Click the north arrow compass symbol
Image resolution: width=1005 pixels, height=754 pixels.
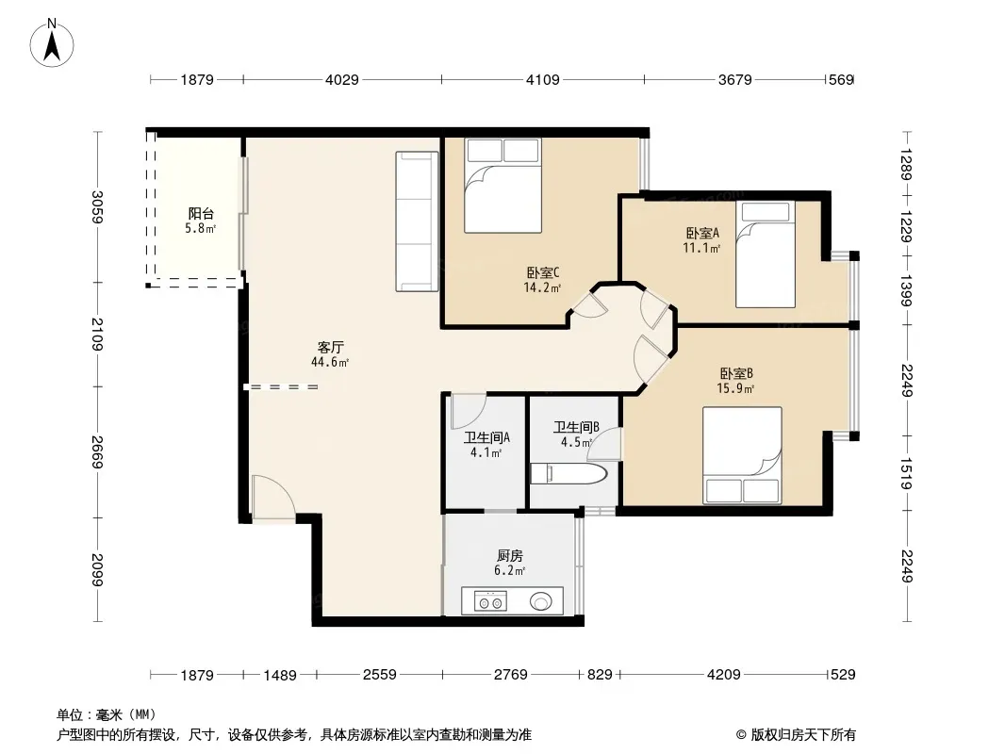tap(52, 42)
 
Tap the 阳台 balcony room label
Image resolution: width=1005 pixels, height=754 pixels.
tap(201, 214)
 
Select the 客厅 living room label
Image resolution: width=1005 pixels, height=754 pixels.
tap(331, 348)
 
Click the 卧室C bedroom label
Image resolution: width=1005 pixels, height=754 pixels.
tap(543, 273)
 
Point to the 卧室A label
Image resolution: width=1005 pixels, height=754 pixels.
tap(702, 233)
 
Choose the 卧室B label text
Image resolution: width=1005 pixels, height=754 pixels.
tap(735, 373)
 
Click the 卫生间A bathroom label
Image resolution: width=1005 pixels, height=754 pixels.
tap(487, 438)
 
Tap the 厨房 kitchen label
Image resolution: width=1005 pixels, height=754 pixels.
tap(509, 556)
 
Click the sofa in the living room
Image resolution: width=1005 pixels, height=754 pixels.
tap(418, 221)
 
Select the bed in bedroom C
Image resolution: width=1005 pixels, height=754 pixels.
tap(503, 186)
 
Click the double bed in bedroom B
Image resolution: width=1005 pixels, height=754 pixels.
tap(742, 455)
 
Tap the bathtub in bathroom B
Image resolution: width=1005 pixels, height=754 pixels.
tap(568, 474)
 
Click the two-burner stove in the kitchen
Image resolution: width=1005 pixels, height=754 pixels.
tap(490, 601)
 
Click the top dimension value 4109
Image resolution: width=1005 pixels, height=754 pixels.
tap(543, 80)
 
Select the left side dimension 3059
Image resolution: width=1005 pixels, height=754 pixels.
tap(97, 207)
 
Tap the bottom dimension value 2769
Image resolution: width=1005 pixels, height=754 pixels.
tap(511, 675)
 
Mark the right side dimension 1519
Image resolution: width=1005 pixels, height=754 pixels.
tap(906, 473)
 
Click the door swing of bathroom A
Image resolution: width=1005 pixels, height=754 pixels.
tap(468, 411)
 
